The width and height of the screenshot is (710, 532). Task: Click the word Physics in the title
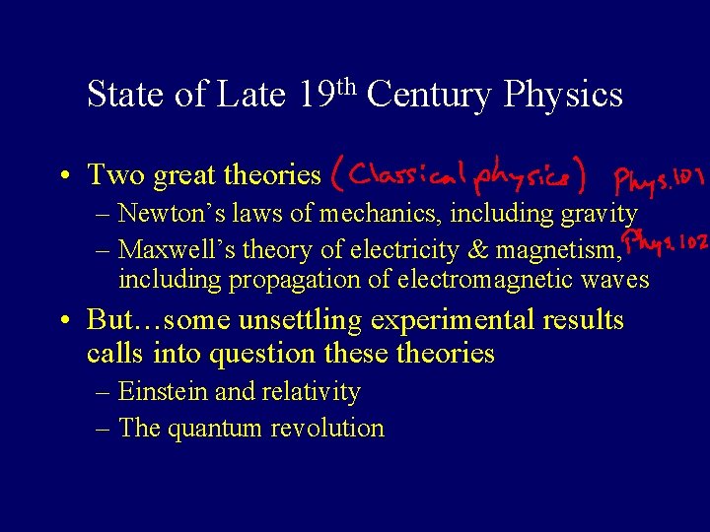[563, 95]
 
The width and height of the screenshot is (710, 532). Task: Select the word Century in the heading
[429, 95]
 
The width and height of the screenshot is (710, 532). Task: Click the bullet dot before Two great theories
[63, 176]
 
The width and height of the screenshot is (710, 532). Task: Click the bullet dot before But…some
[63, 321]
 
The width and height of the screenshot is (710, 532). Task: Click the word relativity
[310, 392]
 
